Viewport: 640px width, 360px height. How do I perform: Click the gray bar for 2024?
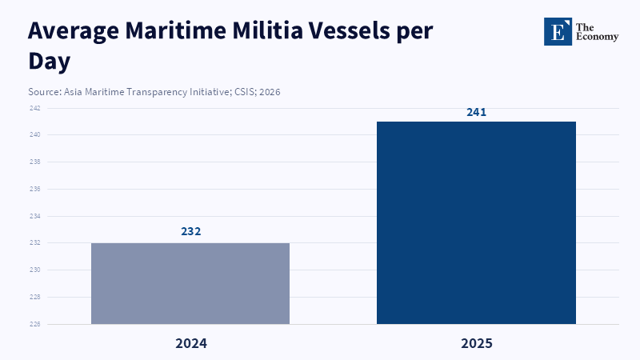click(x=190, y=283)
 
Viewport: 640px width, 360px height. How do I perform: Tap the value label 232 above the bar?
click(x=190, y=231)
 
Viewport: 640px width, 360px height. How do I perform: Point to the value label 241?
click(x=476, y=112)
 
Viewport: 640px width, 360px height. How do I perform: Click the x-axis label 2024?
click(x=190, y=343)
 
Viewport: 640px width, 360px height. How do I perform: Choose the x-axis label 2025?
click(x=476, y=343)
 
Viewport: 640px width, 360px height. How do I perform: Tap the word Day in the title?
click(x=50, y=61)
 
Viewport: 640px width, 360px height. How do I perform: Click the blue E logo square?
click(x=558, y=31)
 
